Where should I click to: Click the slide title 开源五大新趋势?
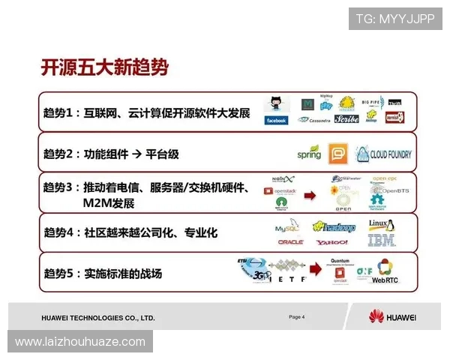coord(104,68)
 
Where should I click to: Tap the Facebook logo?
coord(276,120)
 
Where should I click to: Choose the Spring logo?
coord(308,154)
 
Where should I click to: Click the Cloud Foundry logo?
coord(383,154)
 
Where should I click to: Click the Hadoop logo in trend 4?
coord(334,226)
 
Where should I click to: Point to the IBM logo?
coord(381,241)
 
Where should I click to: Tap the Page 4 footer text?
coord(297,317)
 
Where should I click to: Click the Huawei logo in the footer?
coord(391,316)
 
